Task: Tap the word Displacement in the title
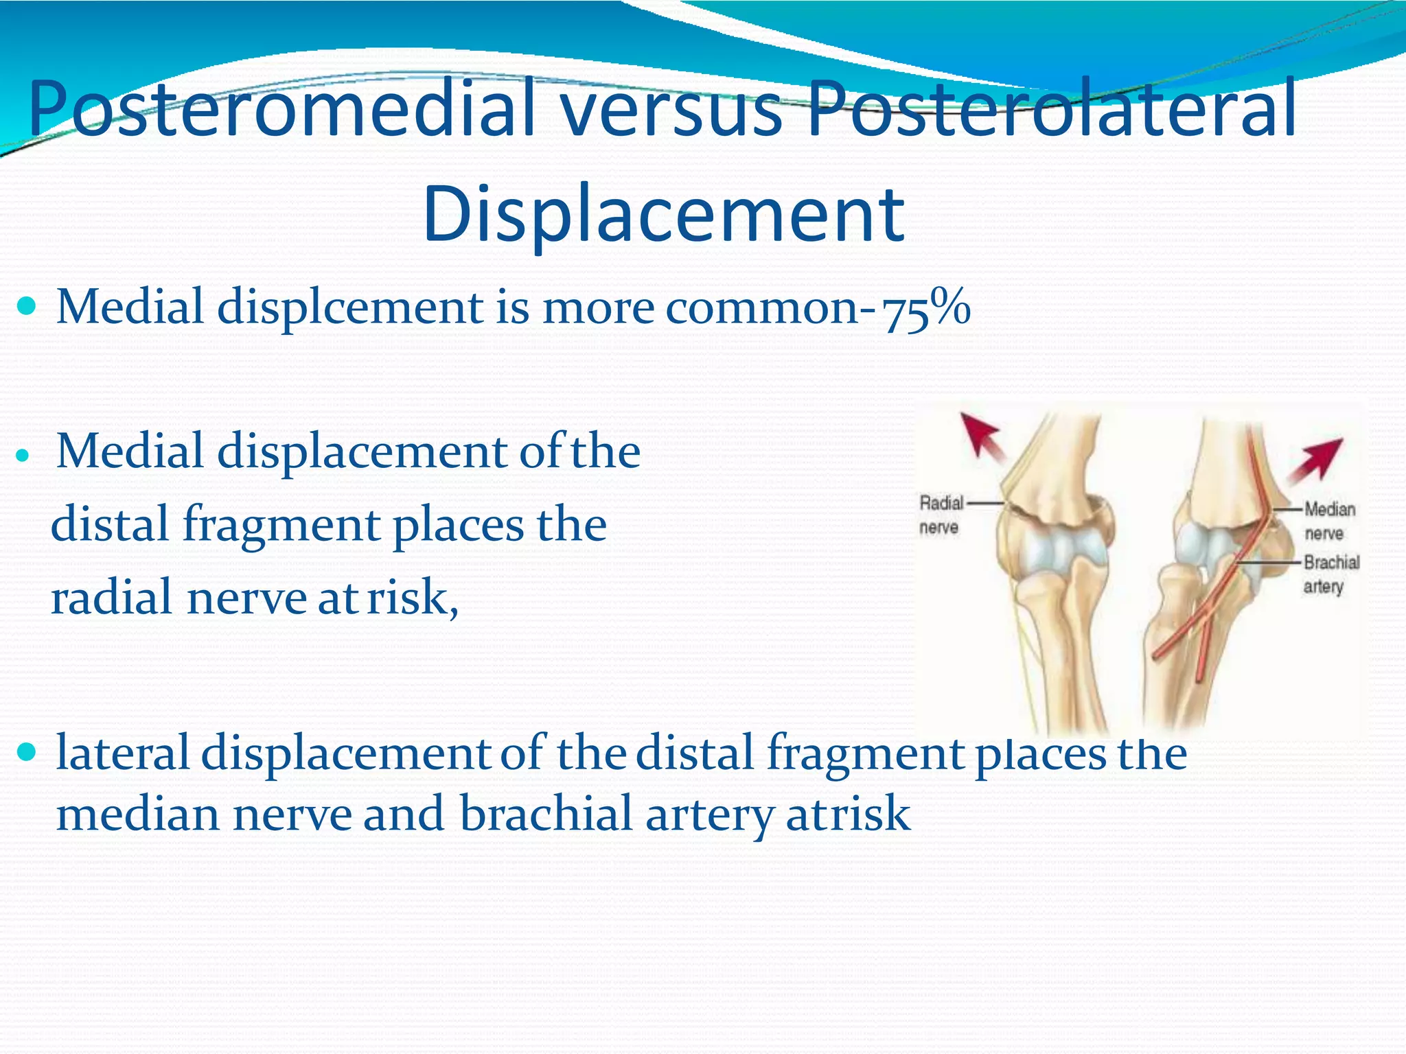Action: point(663,214)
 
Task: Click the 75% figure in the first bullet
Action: point(927,309)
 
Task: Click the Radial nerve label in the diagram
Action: point(941,515)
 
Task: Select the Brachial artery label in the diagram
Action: point(1330,574)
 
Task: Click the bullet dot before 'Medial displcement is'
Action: point(28,306)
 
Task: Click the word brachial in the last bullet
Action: point(545,815)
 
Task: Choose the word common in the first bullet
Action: point(762,308)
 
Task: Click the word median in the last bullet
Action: point(137,815)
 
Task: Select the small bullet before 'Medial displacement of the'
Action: point(24,455)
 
